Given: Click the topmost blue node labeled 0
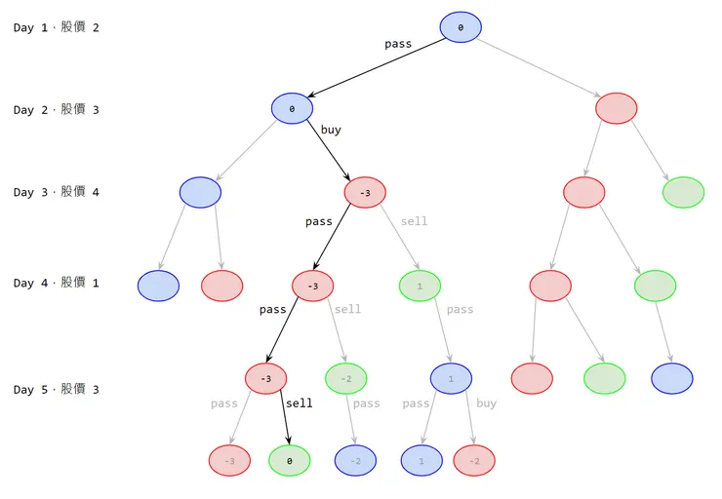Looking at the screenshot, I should (x=461, y=27).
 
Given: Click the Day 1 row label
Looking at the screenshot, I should (x=57, y=27).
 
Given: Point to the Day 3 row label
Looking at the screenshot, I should (x=57, y=192).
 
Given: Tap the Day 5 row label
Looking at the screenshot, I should (x=57, y=390).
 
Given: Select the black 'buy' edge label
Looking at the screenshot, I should (x=331, y=130).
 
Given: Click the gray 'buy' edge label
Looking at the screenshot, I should (x=486, y=403).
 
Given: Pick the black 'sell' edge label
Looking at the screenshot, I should (x=300, y=403).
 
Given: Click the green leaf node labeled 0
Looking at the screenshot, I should (x=289, y=460).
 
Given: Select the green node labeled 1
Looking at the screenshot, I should (x=420, y=286).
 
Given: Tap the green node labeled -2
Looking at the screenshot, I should (x=345, y=378).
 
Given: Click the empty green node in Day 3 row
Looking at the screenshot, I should (x=683, y=192).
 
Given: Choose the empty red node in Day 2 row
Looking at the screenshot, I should (x=616, y=108).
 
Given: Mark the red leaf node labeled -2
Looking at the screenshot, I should (x=474, y=460).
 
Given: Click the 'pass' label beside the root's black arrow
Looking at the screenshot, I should (x=398, y=44).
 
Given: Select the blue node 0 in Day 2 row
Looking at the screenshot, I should (x=292, y=108).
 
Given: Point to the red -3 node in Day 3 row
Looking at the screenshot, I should (x=365, y=192).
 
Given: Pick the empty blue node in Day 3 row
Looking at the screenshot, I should (x=200, y=192).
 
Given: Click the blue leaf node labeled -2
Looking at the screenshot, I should (x=355, y=460).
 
